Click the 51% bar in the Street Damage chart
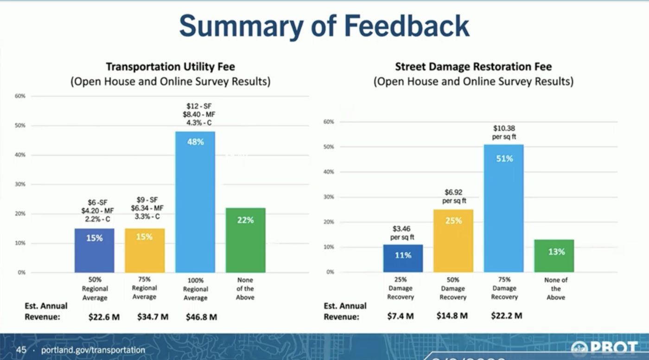(503, 208)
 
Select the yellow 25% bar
(453, 241)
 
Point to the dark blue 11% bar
(403, 258)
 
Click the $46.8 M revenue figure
(201, 317)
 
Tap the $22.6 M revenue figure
(104, 317)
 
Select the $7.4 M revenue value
(401, 316)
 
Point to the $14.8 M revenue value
(452, 316)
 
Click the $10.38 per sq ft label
(504, 132)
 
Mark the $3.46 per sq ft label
(401, 233)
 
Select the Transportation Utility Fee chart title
(170, 67)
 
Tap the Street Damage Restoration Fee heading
(473, 67)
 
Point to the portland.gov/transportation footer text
(93, 350)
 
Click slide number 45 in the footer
(21, 350)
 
